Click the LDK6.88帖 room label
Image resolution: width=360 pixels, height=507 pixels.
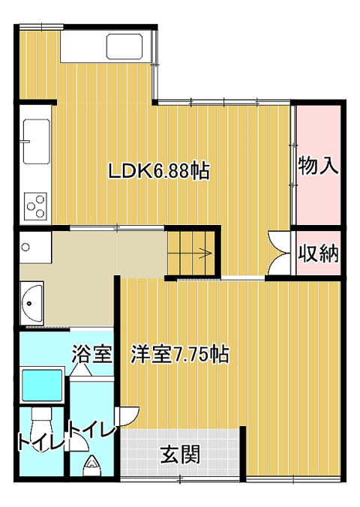pyautogui.click(x=159, y=171)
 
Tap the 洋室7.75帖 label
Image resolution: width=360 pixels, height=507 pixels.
pyautogui.click(x=180, y=355)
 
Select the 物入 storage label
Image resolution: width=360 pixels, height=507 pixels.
pyautogui.click(x=318, y=165)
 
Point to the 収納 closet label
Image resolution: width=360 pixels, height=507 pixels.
pyautogui.click(x=318, y=253)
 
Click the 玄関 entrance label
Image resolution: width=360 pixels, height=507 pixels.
pyautogui.click(x=181, y=454)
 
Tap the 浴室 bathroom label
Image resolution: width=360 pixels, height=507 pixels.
pyautogui.click(x=91, y=355)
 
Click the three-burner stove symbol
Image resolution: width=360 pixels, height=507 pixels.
pyautogui.click(x=35, y=206)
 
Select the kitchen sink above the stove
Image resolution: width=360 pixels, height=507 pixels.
pyautogui.click(x=36, y=142)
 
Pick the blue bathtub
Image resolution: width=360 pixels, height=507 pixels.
pyautogui.click(x=42, y=385)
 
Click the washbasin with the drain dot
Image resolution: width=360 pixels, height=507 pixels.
pyautogui.click(x=31, y=303)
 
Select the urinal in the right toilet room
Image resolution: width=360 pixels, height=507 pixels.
pyautogui.click(x=91, y=466)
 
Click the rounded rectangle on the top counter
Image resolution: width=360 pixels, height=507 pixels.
pyautogui.click(x=124, y=46)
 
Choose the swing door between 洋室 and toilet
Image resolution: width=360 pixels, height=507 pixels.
pyautogui.click(x=128, y=416)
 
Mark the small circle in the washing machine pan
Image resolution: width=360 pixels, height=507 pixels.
pyautogui.click(x=25, y=247)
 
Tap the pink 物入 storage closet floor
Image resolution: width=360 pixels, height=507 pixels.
pyautogui.click(x=319, y=165)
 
